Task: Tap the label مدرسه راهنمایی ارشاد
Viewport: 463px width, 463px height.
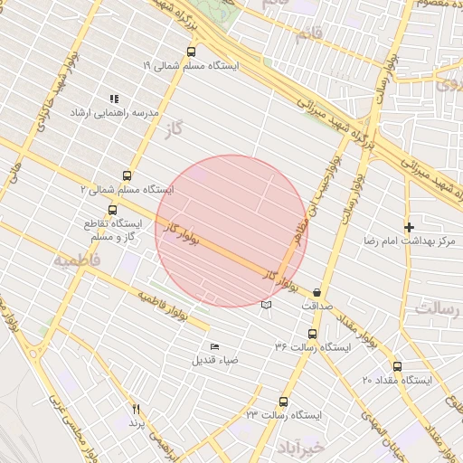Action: coord(121,113)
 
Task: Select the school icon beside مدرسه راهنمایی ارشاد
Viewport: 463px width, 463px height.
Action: coord(114,99)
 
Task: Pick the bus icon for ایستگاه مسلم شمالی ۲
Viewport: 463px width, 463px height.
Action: coord(126,176)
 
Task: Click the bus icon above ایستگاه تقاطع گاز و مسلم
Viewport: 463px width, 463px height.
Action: coord(112,210)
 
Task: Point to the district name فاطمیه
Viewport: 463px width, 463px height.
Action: coord(77,260)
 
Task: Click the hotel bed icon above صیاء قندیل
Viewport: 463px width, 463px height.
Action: coord(214,346)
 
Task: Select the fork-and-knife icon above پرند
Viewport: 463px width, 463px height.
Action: coord(137,409)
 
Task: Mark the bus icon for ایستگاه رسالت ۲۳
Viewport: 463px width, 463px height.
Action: coord(284,401)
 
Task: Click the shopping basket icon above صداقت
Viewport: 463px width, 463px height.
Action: coord(317,293)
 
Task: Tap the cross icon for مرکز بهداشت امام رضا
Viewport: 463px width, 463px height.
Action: coord(409,227)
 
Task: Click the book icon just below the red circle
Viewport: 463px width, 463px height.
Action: coord(265,305)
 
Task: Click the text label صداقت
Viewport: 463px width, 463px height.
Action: coord(317,307)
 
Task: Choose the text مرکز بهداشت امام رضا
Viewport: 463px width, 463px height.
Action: coord(401,241)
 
